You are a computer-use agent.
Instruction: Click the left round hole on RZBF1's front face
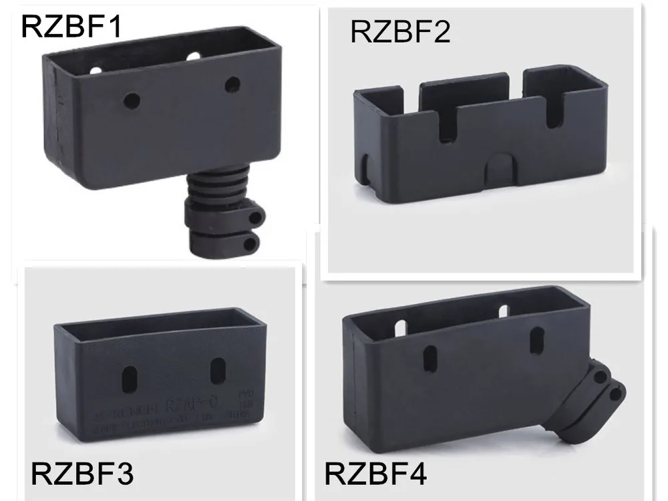132,102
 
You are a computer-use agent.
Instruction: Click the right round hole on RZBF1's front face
232,84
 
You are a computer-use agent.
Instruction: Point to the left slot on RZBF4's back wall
401,327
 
